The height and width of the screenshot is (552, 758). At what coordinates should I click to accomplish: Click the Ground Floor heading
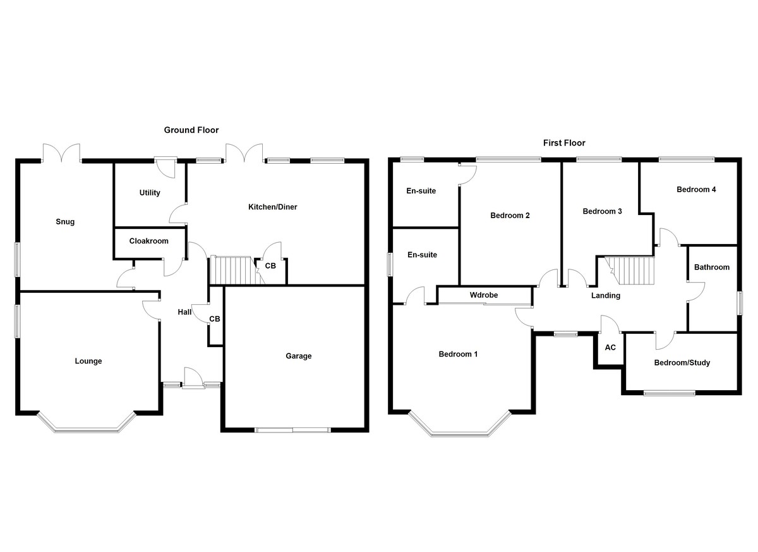click(191, 130)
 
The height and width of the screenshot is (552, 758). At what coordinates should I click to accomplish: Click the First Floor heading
click(564, 143)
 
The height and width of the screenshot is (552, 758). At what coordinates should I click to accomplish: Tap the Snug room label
click(65, 221)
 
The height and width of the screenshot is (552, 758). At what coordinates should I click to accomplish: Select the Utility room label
click(150, 193)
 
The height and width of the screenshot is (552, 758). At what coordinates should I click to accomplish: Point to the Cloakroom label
click(148, 241)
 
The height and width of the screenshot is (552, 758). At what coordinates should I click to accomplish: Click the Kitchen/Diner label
click(273, 207)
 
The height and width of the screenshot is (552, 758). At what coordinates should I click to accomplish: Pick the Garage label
click(298, 356)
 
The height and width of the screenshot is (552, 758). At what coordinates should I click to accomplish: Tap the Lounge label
click(88, 361)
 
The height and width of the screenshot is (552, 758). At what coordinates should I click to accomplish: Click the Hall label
click(184, 312)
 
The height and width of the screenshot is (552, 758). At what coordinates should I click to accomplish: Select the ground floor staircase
click(231, 270)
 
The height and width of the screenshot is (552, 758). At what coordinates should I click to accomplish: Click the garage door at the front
click(293, 430)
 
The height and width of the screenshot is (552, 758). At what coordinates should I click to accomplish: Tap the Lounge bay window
click(87, 429)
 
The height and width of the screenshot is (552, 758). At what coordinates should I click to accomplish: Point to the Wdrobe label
click(484, 295)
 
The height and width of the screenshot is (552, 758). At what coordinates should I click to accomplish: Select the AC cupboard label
click(610, 348)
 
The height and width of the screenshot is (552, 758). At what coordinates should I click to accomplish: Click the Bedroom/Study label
click(682, 363)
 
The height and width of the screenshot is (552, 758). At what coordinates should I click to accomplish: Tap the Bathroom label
click(712, 267)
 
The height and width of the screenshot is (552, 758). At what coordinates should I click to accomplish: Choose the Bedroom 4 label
click(696, 189)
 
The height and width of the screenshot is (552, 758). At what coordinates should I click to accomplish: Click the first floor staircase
click(629, 270)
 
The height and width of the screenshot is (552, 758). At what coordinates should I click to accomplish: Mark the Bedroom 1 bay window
click(460, 430)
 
